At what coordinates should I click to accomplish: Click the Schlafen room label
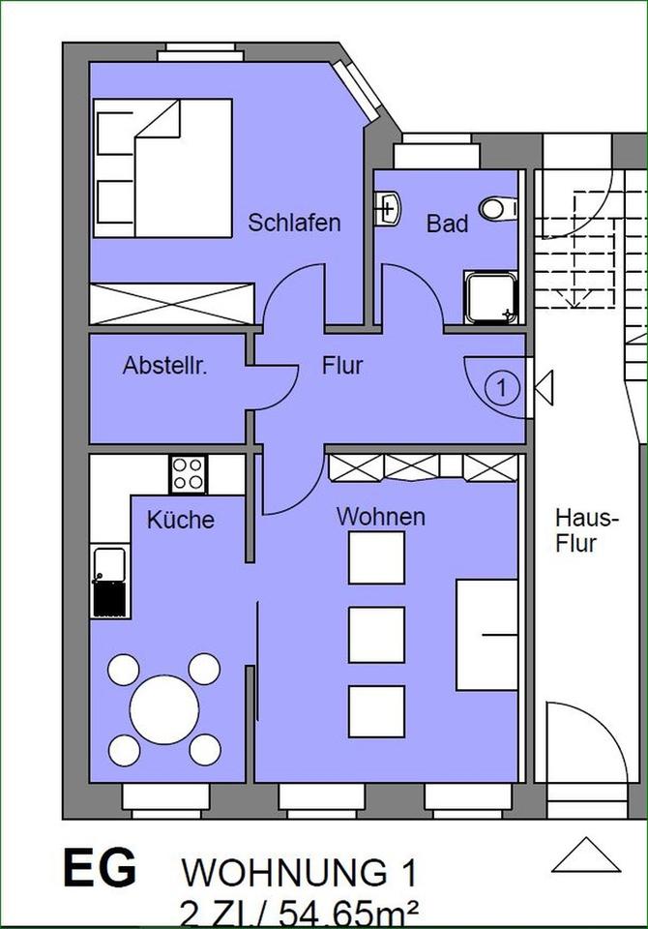294,223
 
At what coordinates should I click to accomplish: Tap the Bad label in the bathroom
447,225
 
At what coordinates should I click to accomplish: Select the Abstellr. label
166,367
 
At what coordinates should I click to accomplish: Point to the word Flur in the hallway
341,366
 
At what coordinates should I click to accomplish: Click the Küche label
180,520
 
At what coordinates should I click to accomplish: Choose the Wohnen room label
380,517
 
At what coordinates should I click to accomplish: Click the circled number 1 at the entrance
501,388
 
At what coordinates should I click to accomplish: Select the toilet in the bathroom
500,207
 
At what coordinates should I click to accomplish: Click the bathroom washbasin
388,207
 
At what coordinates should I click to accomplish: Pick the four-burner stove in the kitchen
188,473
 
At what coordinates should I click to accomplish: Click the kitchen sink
109,582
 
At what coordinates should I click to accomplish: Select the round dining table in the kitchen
164,708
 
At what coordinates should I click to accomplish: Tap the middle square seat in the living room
376,635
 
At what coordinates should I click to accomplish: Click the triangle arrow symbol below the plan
585,855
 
